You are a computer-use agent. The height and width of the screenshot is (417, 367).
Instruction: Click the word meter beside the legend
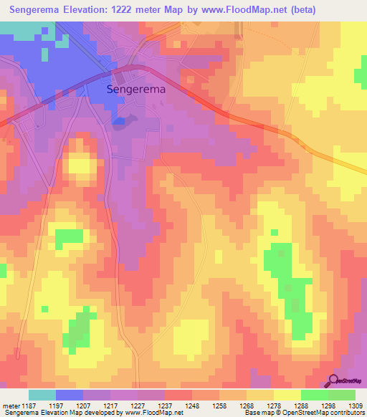[11, 406]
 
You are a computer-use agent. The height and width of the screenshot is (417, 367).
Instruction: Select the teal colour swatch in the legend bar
[42, 395]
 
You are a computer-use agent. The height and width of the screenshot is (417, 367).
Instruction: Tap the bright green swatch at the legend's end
[342, 395]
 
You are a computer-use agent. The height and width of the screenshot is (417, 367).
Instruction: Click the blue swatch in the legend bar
[70, 395]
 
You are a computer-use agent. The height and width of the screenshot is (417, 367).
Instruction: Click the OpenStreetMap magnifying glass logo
[333, 381]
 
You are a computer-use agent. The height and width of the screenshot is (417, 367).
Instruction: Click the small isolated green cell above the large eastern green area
[275, 232]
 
